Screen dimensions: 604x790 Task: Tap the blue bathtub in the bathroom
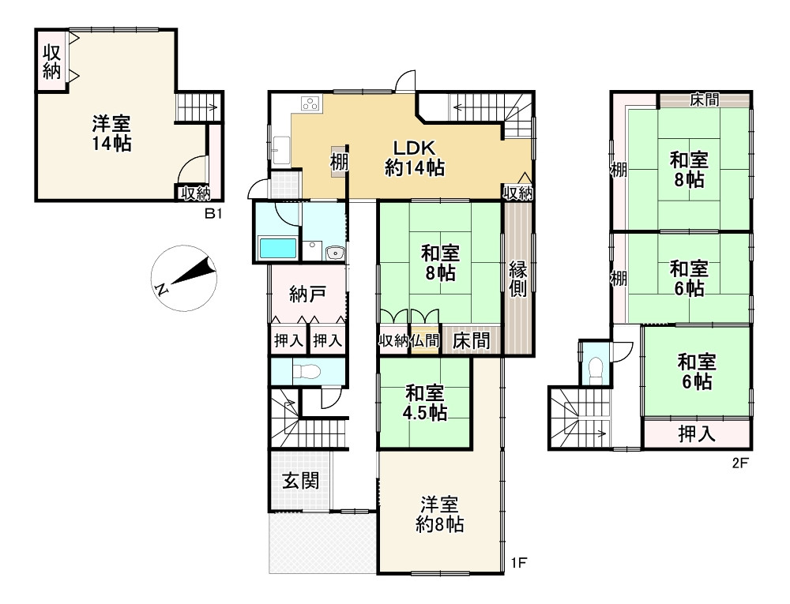[x=278, y=249]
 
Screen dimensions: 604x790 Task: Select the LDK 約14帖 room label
[x=413, y=158]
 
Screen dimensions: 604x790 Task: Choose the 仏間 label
[x=425, y=341]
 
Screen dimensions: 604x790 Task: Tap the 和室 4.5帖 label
[x=425, y=403]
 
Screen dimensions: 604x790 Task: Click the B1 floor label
[x=212, y=213]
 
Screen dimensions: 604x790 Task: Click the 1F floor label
[x=517, y=562]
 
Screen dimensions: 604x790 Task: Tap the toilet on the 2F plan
[x=596, y=368]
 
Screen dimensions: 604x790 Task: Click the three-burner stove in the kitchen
[x=309, y=104]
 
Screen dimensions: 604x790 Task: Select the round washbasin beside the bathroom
[x=333, y=253]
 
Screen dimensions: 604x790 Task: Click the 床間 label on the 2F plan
[x=703, y=99]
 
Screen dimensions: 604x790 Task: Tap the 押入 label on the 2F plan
[x=697, y=433]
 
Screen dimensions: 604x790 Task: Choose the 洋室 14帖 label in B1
[x=111, y=133]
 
